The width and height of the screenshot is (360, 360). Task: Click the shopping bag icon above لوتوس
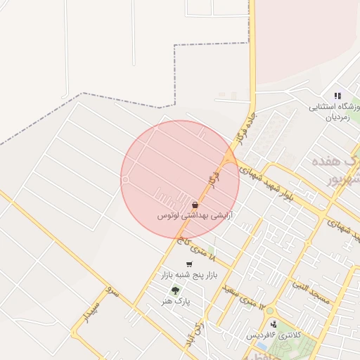(x=194, y=205)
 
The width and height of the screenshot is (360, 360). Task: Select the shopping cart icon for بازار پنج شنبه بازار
(x=189, y=264)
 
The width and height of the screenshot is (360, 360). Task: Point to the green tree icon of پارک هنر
(x=174, y=290)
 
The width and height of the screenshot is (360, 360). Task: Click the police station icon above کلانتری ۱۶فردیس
(x=273, y=324)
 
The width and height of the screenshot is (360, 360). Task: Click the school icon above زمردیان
(x=337, y=96)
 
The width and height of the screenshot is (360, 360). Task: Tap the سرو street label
(x=112, y=289)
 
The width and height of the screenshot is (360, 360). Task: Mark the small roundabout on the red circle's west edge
(x=125, y=180)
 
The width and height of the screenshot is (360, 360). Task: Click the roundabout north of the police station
(x=270, y=310)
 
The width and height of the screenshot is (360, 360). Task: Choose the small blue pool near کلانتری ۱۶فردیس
(x=262, y=346)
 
